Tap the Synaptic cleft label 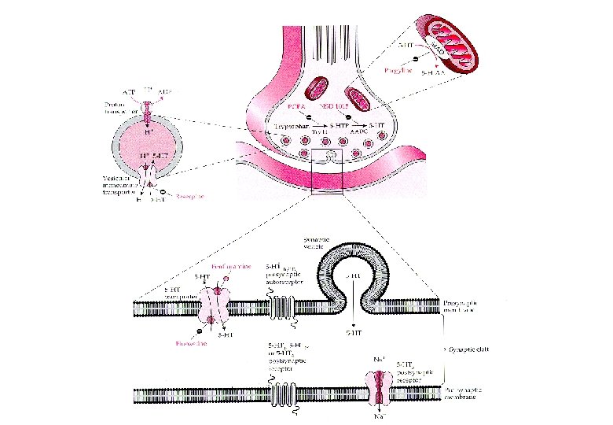click(x=468, y=347)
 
